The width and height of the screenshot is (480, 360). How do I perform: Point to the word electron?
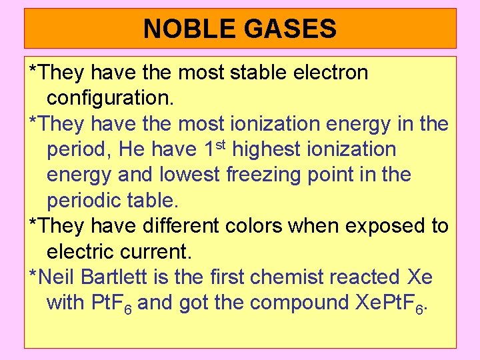coord(331,72)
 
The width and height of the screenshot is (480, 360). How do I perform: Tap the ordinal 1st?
coord(213,148)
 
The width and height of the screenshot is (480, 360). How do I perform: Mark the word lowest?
coord(190,175)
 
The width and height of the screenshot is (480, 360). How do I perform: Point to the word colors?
coord(251,226)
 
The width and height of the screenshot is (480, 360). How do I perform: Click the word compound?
coord(294,304)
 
